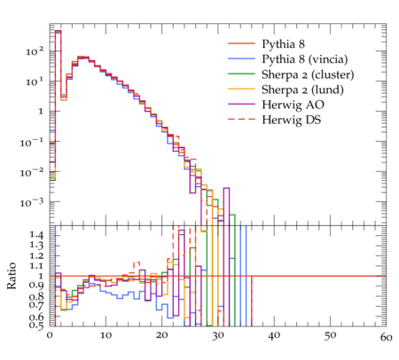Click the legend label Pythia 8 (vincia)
pyautogui.click(x=305, y=59)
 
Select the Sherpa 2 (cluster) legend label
pyautogui.click(x=308, y=74)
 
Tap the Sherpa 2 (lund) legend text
pyautogui.click(x=302, y=90)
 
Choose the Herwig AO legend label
pyautogui.click(x=293, y=105)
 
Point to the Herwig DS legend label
pyautogui.click(x=292, y=120)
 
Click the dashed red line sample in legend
pyautogui.click(x=241, y=119)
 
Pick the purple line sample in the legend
pyautogui.click(x=241, y=104)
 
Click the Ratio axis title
pyautogui.click(x=12, y=276)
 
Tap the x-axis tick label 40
pyautogui.click(x=274, y=336)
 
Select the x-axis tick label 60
pyautogui.click(x=386, y=337)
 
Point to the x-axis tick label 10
pyautogui.click(x=106, y=336)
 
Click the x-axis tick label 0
pyautogui.click(x=50, y=336)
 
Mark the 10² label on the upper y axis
pyautogui.click(x=35, y=51)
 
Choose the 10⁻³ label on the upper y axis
pyautogui.click(x=32, y=202)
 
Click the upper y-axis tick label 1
pyautogui.click(x=41, y=112)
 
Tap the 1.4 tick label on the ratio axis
pyautogui.click(x=36, y=236)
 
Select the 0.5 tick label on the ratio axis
pyautogui.click(x=36, y=325)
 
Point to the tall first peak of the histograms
pyautogui.click(x=59, y=64)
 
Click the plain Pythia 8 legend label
pyautogui.click(x=283, y=44)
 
